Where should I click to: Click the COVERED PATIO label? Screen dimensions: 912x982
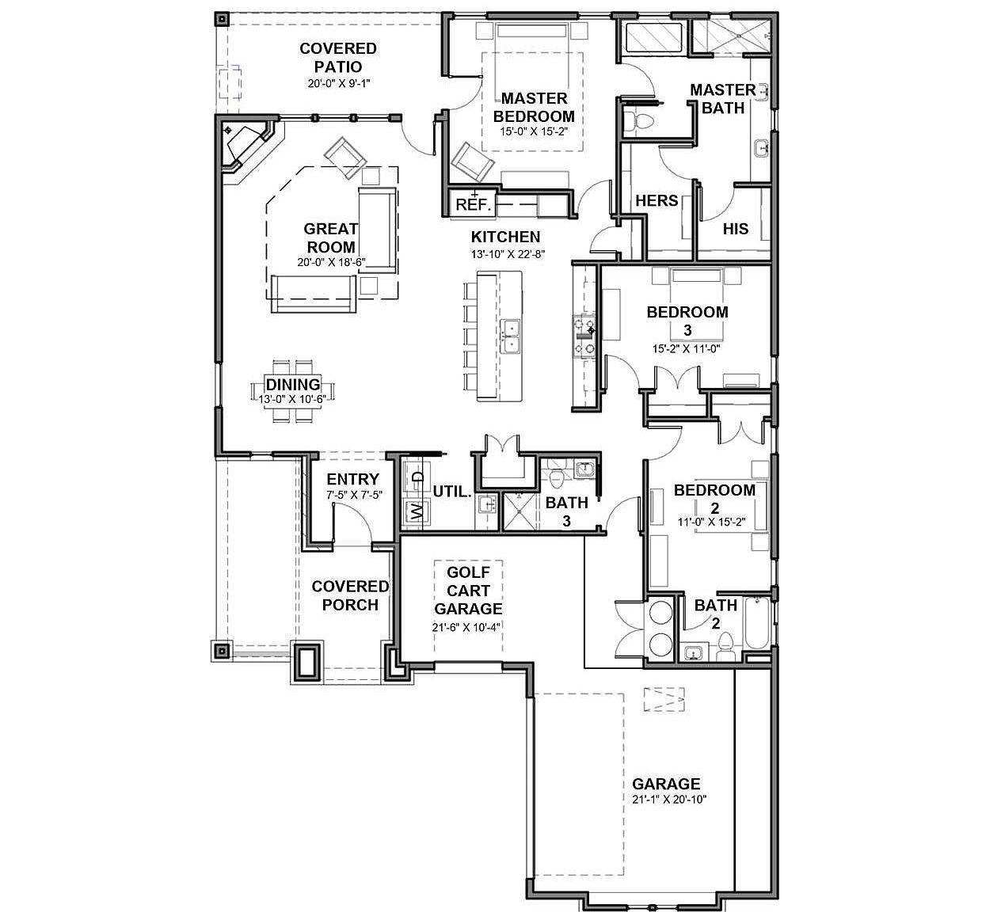(x=337, y=58)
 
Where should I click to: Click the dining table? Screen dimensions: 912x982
(x=292, y=391)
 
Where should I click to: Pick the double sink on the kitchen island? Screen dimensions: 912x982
(x=511, y=336)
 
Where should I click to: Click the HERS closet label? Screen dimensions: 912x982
(x=657, y=201)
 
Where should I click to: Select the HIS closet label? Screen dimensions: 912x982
(x=735, y=229)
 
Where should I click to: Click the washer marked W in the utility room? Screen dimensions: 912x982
(x=414, y=512)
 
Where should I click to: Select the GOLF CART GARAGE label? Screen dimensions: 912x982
(x=468, y=590)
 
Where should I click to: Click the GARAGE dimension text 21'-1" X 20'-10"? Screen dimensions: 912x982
(x=668, y=800)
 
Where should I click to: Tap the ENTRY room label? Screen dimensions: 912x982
(x=352, y=479)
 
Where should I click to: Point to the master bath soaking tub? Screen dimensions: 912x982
(x=653, y=38)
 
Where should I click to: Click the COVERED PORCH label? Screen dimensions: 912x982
(x=350, y=595)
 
